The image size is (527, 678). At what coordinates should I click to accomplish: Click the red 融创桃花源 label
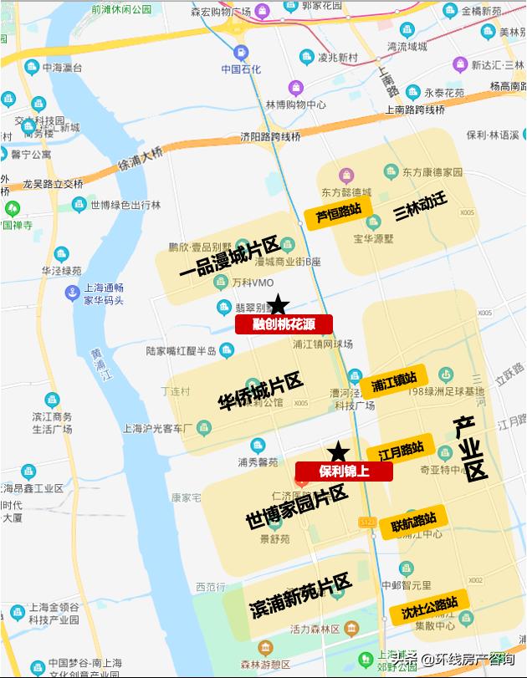(284, 324)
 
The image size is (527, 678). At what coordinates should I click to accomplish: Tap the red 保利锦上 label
(344, 471)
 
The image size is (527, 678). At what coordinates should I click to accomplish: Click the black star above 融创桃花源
(278, 305)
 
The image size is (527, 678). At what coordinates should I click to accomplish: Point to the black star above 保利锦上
(338, 452)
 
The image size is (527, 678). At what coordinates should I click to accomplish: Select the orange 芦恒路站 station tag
(338, 214)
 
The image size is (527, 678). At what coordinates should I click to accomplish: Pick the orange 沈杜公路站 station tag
(429, 606)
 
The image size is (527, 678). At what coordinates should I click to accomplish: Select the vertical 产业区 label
(470, 448)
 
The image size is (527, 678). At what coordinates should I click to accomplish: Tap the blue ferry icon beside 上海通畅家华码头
(71, 293)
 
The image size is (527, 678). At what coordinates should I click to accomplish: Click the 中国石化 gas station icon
(241, 51)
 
